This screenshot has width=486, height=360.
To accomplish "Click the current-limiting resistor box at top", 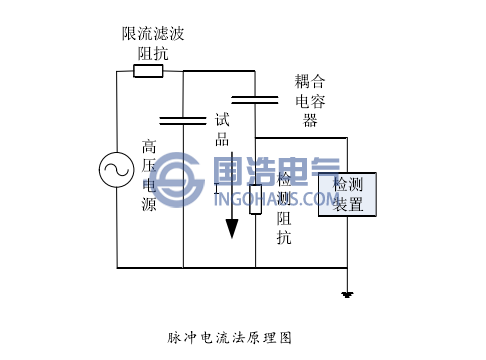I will [148, 71].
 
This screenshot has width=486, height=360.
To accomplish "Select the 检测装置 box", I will [348, 194].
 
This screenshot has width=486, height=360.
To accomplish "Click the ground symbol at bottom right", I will [347, 294].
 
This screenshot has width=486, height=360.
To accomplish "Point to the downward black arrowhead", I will [232, 228].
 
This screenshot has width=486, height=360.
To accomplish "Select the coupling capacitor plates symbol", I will [254, 99].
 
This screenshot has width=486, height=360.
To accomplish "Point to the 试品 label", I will [223, 128].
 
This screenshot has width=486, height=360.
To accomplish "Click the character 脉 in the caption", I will [175, 337].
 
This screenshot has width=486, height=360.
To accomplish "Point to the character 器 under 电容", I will [311, 120].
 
